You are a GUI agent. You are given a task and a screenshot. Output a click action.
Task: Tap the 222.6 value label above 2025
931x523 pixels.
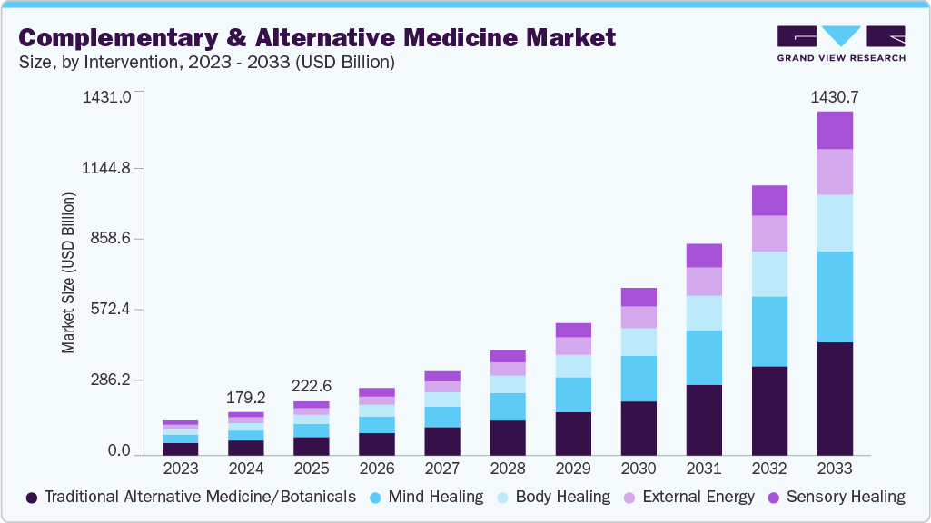click(312, 386)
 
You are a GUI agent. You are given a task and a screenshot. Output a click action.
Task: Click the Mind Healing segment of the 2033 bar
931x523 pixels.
click(835, 296)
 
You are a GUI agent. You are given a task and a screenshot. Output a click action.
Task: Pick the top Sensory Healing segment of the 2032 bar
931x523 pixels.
click(769, 200)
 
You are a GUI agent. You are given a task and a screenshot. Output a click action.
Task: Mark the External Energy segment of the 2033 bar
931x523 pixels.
click(835, 172)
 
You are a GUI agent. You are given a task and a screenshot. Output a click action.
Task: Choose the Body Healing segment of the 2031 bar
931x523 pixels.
click(704, 312)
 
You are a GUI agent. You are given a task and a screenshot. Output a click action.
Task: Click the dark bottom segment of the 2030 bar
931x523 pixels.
click(639, 428)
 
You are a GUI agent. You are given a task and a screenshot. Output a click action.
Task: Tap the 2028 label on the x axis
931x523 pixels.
click(508, 469)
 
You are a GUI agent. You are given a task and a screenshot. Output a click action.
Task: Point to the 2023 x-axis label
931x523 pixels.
click(181, 469)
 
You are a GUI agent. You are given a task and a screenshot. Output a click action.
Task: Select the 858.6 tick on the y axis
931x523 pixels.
click(107, 239)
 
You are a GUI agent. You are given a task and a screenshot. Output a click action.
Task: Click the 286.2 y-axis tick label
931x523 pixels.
click(107, 380)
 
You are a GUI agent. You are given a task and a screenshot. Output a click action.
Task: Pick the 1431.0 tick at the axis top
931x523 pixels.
click(107, 96)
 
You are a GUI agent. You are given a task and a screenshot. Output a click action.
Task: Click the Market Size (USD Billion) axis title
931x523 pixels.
click(69, 272)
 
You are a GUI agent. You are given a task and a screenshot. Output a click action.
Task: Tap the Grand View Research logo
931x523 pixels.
click(840, 43)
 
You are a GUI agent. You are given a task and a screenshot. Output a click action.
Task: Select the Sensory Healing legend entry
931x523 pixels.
click(836, 497)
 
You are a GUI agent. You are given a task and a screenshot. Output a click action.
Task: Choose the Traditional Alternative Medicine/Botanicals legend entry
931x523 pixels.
click(191, 497)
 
